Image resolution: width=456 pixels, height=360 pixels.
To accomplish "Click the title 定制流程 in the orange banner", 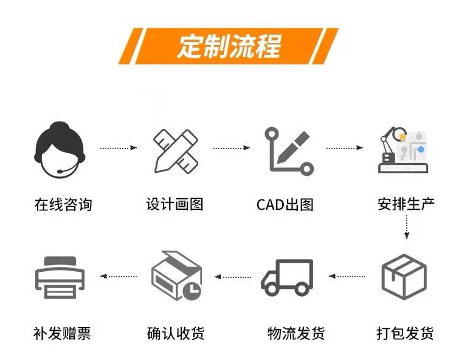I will pos(229,46).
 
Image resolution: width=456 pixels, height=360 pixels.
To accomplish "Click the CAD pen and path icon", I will pos(288,150).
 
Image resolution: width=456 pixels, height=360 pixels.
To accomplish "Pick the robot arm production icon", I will pos(402,150).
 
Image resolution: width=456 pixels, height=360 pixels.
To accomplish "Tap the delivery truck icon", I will pos(288,277).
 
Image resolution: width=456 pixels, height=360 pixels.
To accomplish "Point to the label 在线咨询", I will pos(63,204).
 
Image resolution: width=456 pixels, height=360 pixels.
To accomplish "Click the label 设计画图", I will pos(175,204).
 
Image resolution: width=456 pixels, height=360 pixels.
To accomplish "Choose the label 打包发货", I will pos(405,333).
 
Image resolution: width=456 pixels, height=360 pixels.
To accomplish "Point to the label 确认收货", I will pos(176,333).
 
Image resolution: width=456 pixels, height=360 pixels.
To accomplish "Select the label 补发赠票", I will pos(62,333).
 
